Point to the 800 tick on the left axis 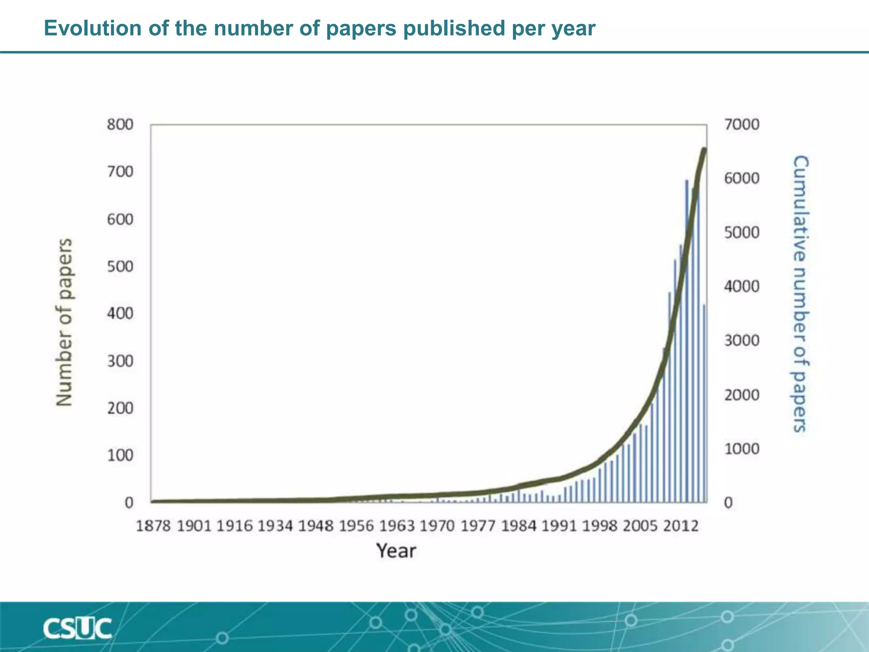click(x=120, y=125)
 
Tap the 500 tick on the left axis click(x=120, y=267)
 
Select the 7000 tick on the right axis click(x=742, y=125)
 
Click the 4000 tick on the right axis click(x=742, y=287)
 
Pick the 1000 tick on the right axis click(x=742, y=449)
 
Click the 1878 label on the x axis click(x=153, y=526)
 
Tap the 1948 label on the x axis click(x=316, y=526)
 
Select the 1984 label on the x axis click(x=519, y=526)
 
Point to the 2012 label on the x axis click(x=681, y=526)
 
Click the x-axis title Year click(x=396, y=551)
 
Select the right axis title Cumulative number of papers click(x=800, y=294)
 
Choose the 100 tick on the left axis click(x=120, y=455)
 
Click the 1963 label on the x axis click(x=397, y=526)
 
